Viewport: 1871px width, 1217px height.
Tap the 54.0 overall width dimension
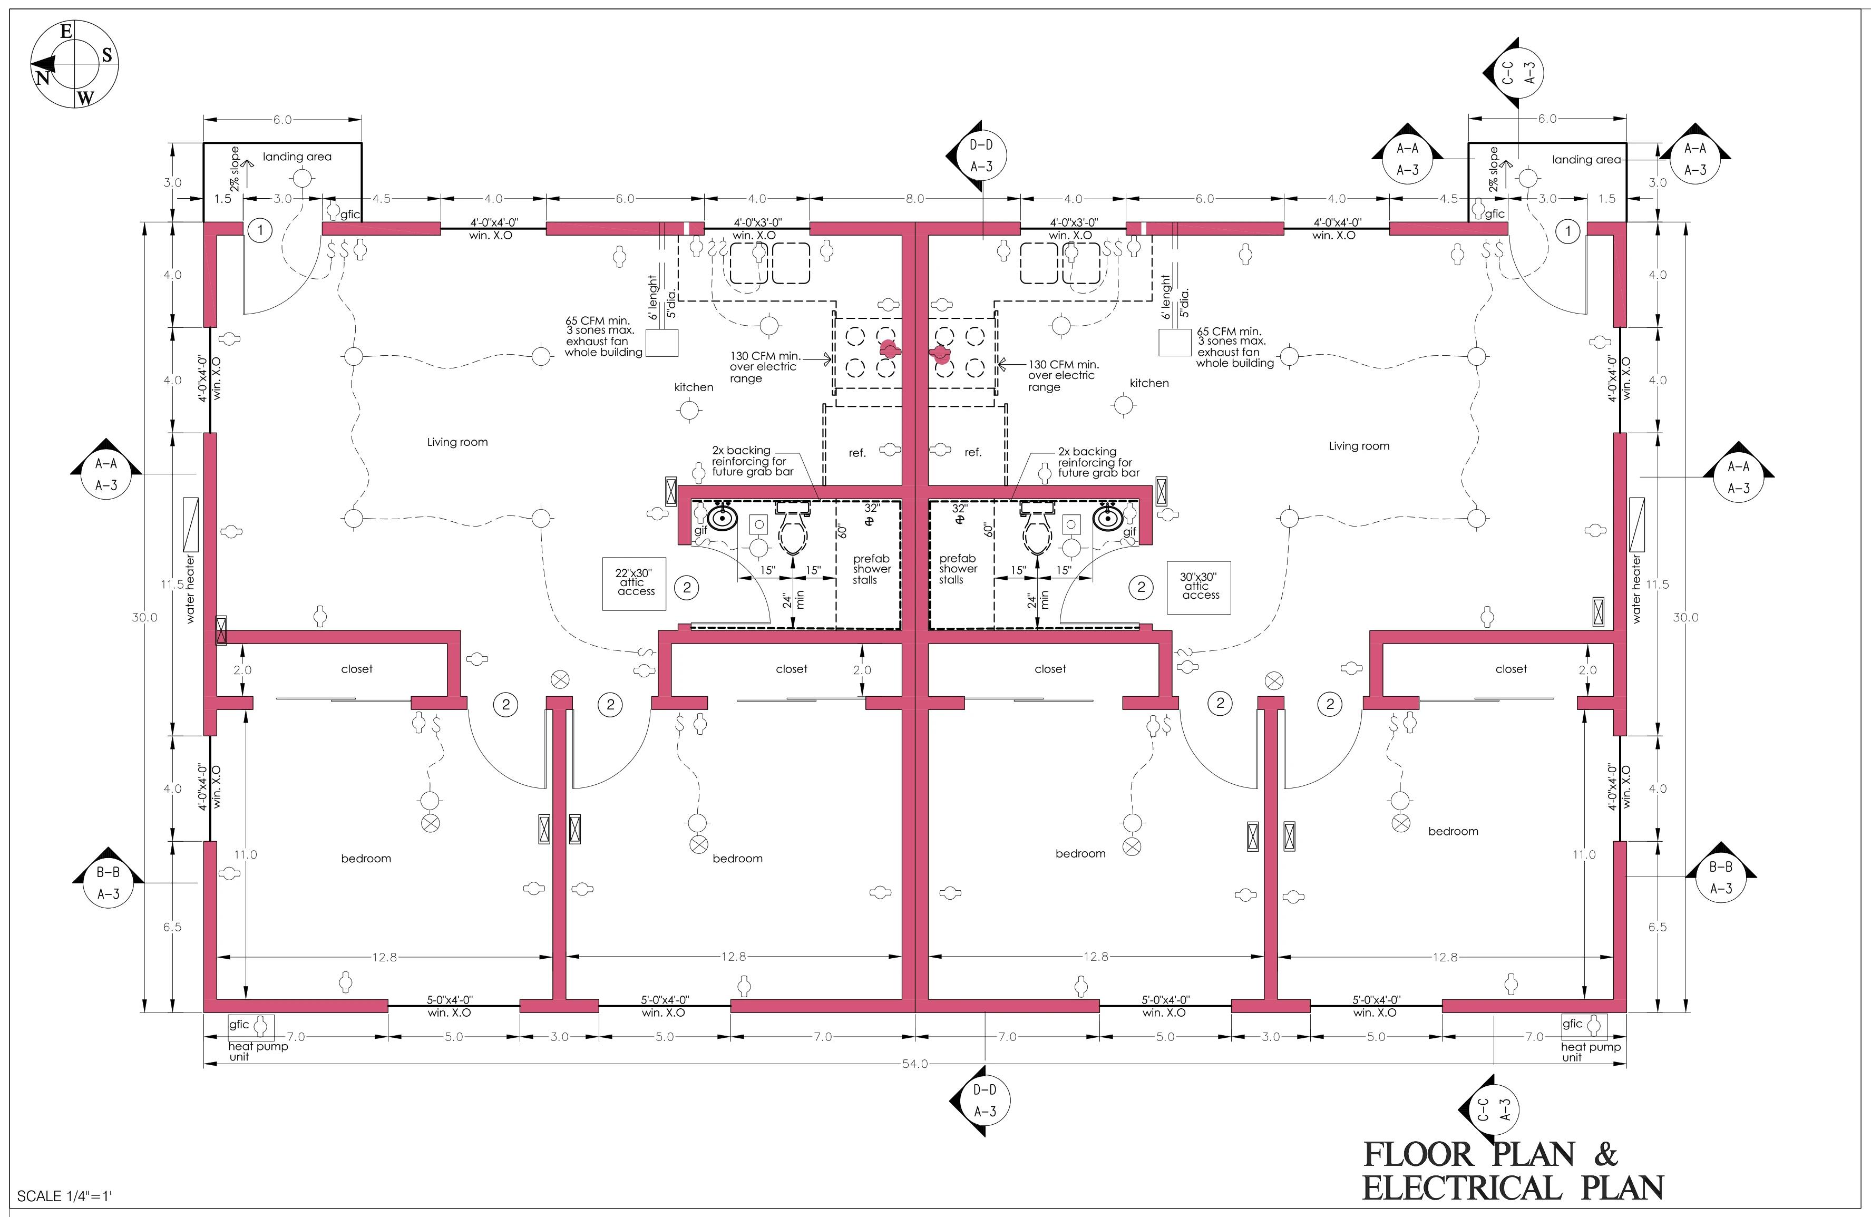(x=914, y=1064)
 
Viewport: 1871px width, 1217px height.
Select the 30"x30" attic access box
(x=1199, y=587)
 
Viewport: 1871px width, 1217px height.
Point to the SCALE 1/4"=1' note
(x=64, y=1196)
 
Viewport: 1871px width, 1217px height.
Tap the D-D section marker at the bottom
(x=980, y=1101)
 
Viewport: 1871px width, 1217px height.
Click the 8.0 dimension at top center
(x=915, y=199)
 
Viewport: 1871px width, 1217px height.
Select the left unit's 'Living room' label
(x=457, y=442)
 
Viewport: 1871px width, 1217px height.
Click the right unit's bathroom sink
(x=1108, y=517)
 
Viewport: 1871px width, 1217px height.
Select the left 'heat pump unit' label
(x=257, y=1051)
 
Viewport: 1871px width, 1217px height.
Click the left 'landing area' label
(x=297, y=157)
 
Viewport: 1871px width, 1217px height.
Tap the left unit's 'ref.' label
(x=857, y=453)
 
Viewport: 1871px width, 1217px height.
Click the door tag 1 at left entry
(x=260, y=230)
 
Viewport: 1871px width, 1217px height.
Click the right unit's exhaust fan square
(x=1174, y=343)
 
